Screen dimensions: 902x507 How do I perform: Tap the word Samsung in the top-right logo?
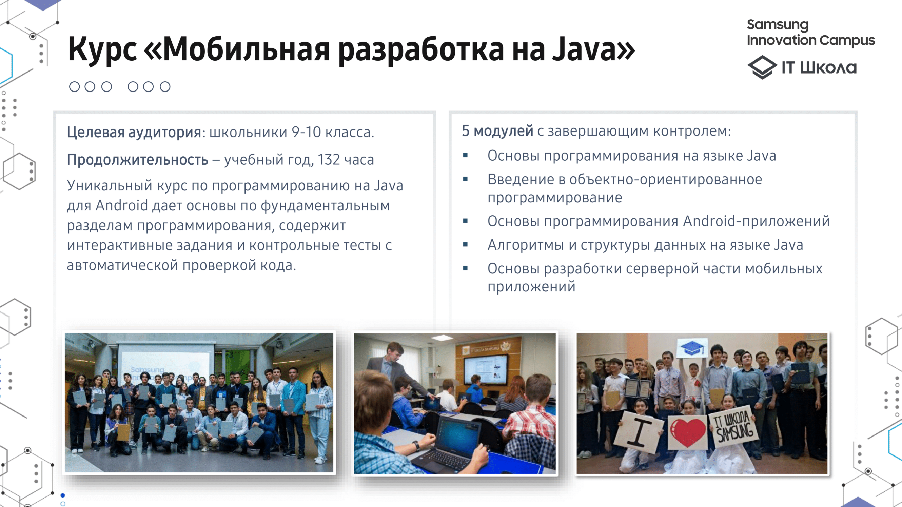click(x=778, y=25)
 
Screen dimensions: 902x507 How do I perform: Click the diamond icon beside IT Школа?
click(x=762, y=67)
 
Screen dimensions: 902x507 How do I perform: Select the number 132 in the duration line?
click(x=329, y=160)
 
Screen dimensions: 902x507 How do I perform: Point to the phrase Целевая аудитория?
click(x=134, y=132)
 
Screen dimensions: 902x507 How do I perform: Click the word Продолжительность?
click(x=138, y=160)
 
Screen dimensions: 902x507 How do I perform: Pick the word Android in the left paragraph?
click(x=122, y=205)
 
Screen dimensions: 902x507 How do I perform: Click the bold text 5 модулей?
click(x=497, y=131)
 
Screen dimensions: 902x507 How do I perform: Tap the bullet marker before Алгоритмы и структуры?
click(x=465, y=245)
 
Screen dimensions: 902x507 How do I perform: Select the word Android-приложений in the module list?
click(x=756, y=221)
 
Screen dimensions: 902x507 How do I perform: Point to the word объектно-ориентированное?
click(x=666, y=179)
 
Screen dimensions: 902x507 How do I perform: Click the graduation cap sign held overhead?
click(x=692, y=348)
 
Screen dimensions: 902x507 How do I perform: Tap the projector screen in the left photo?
click(x=164, y=364)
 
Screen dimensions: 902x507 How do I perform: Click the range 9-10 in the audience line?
click(x=306, y=132)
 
